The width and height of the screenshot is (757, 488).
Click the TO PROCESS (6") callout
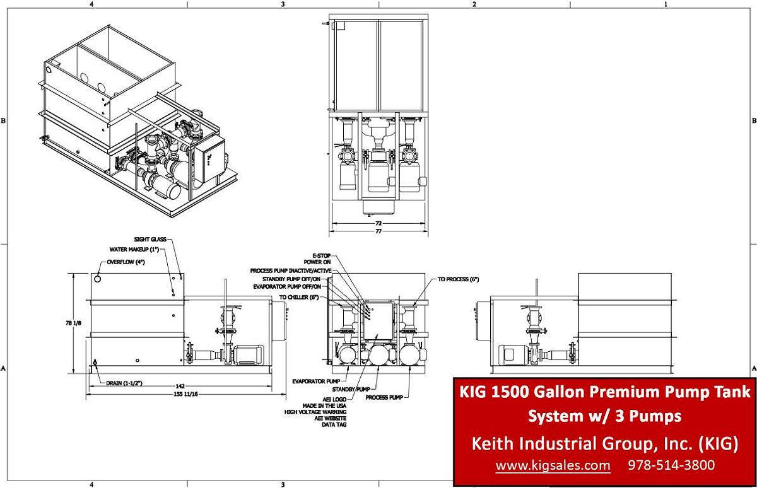459,279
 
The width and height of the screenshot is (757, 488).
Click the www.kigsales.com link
552,466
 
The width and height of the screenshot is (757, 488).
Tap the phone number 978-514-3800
671,466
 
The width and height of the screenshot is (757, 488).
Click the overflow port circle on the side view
98,278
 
